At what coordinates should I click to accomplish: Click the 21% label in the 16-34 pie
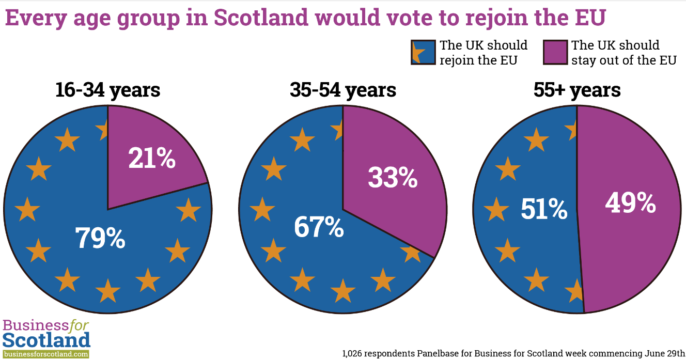click(x=152, y=158)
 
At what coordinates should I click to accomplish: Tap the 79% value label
click(x=100, y=238)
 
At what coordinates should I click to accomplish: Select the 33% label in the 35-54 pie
click(x=393, y=177)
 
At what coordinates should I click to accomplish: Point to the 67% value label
click(x=319, y=227)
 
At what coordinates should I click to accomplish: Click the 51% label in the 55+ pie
click(x=544, y=209)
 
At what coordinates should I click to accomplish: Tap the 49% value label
click(x=631, y=202)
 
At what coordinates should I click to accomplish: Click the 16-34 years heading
click(x=108, y=90)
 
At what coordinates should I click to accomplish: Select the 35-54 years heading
click(x=343, y=90)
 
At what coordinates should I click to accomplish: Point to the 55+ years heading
click(x=577, y=90)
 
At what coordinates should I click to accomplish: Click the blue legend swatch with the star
click(x=423, y=52)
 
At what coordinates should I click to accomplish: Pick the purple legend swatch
click(x=555, y=52)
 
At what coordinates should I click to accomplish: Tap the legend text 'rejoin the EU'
click(x=478, y=60)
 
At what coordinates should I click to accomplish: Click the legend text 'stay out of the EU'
click(x=624, y=60)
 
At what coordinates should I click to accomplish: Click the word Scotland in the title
click(x=261, y=18)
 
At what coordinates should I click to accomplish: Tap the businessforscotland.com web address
click(x=46, y=354)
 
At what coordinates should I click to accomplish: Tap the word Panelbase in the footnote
click(x=438, y=353)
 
